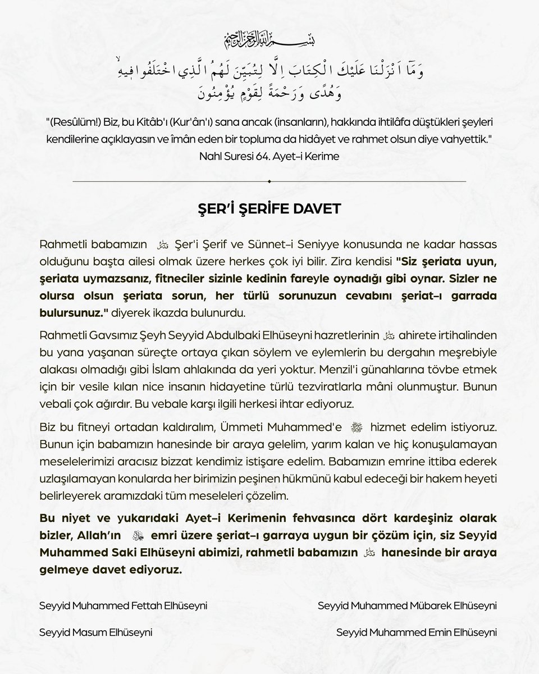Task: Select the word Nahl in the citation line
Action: click(211, 156)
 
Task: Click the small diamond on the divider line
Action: click(269, 181)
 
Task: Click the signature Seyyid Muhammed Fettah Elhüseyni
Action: click(124, 606)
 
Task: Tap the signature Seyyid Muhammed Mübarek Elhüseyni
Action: click(407, 606)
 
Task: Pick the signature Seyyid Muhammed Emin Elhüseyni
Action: click(417, 632)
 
